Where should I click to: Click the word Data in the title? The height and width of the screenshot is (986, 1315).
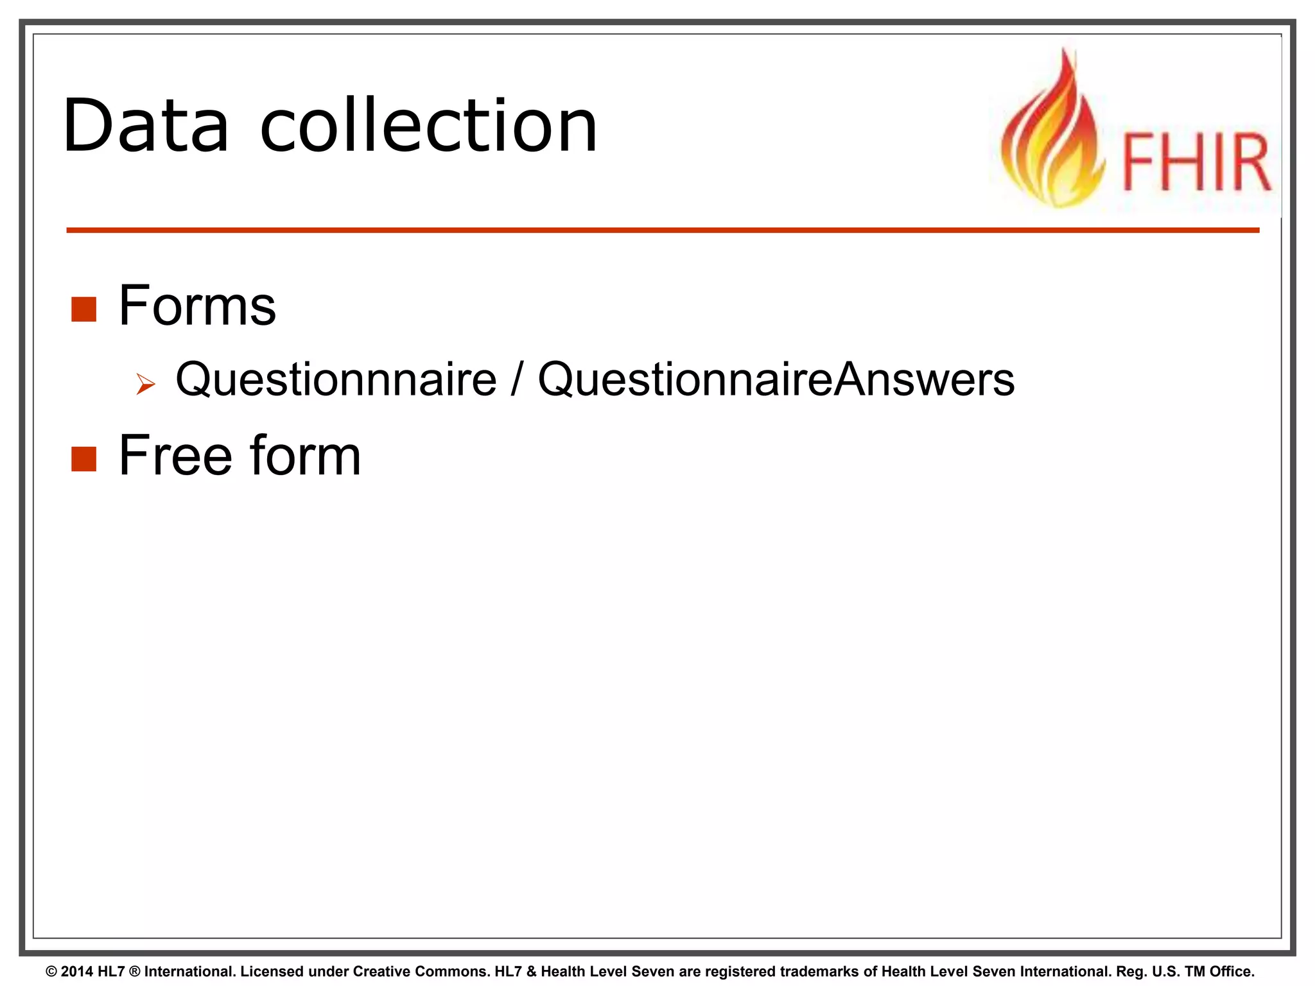click(x=146, y=126)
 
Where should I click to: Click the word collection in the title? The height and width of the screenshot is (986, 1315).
click(x=428, y=126)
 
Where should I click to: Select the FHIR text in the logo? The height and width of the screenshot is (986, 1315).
click(x=1196, y=162)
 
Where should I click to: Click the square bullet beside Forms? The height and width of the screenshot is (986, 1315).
click(x=83, y=309)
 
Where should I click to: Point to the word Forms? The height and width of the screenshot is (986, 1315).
click(x=197, y=306)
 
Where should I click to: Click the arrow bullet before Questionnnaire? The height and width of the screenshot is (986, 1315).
click(x=146, y=385)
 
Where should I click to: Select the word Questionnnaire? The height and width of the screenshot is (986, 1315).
click(x=336, y=380)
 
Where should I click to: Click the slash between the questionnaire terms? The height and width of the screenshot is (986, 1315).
click(x=517, y=380)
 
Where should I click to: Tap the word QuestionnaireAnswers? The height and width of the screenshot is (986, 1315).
click(x=776, y=380)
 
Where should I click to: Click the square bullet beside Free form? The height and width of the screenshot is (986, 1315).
click(x=83, y=459)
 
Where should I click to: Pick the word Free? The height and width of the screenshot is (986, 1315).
click(x=175, y=455)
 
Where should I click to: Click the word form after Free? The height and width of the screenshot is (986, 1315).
click(x=305, y=455)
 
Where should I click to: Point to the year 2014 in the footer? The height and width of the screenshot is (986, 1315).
click(x=77, y=971)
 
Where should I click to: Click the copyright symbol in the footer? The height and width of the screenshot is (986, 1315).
click(x=51, y=971)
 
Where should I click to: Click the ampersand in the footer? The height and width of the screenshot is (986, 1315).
click(x=531, y=971)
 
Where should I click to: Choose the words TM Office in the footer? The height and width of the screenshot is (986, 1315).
click(x=1219, y=971)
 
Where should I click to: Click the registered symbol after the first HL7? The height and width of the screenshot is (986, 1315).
click(x=134, y=971)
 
